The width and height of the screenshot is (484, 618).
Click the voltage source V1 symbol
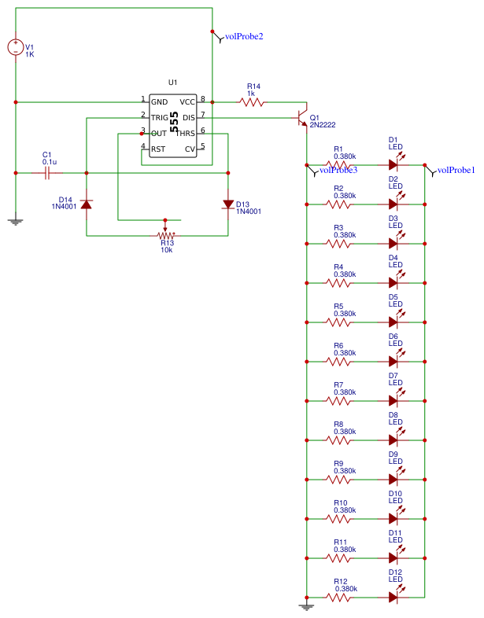(x=15, y=47)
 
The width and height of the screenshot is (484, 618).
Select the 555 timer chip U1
(x=173, y=125)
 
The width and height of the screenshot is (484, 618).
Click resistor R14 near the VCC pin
(x=252, y=101)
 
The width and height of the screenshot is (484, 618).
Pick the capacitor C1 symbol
(x=47, y=172)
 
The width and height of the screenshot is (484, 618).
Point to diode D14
(x=87, y=204)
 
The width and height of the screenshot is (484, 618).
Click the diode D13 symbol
(x=227, y=204)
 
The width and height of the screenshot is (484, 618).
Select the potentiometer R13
(x=165, y=235)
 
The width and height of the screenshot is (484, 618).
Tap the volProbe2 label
(x=244, y=36)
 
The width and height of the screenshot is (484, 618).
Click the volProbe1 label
(x=456, y=170)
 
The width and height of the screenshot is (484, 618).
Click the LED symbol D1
(x=394, y=165)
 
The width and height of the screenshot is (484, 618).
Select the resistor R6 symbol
(x=338, y=362)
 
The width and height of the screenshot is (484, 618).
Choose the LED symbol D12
(x=394, y=598)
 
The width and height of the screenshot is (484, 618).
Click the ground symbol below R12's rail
(x=306, y=606)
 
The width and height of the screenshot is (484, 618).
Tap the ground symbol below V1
(x=15, y=222)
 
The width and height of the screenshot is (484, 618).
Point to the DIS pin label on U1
(x=188, y=117)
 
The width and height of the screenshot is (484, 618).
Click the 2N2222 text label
(x=324, y=125)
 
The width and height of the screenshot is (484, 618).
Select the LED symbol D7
(x=394, y=401)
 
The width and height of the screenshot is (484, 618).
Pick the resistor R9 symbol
(x=338, y=480)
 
